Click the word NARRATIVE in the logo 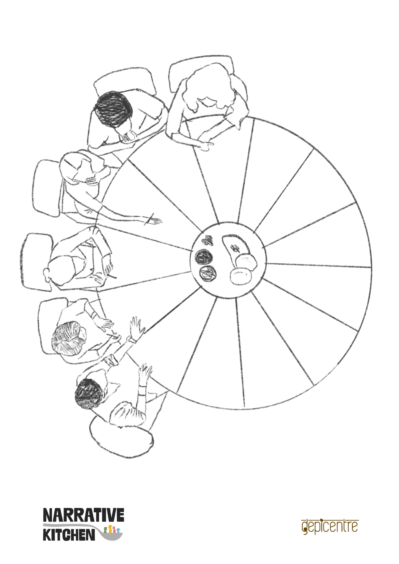coord(84,515)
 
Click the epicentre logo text coord(330,526)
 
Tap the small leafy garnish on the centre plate coord(209,240)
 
